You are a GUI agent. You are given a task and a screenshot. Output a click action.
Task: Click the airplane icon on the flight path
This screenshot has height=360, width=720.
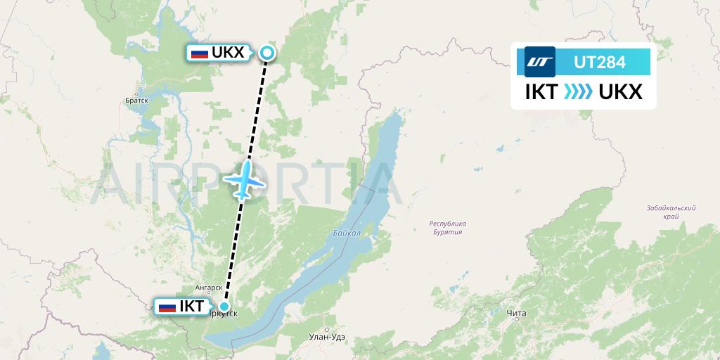click(244, 181)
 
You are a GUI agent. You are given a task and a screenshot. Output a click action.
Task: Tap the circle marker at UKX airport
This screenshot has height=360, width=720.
click(267, 52)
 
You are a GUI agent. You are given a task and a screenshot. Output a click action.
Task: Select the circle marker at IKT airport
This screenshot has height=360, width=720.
click(224, 306)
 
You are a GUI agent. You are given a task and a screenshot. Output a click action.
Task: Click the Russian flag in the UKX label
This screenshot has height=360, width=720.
click(200, 53)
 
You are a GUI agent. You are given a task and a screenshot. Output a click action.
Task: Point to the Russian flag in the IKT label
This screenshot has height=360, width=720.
click(167, 307)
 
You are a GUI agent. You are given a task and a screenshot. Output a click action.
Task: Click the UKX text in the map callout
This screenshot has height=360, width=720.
click(228, 53)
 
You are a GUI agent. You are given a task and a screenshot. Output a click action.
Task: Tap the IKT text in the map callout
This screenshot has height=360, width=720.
click(191, 307)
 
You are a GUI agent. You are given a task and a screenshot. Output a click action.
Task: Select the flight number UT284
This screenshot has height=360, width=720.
click(599, 62)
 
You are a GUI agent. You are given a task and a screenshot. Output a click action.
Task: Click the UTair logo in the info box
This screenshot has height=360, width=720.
click(540, 62)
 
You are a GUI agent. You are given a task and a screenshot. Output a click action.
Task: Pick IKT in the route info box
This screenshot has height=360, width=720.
click(541, 92)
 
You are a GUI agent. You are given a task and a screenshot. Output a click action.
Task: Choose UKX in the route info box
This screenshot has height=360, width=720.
click(621, 92)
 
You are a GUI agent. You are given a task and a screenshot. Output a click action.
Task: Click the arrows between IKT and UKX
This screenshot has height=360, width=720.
click(579, 92)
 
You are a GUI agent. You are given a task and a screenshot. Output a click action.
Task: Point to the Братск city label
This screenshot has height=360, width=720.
click(136, 101)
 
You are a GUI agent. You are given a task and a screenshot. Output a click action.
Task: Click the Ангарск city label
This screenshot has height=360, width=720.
click(209, 288)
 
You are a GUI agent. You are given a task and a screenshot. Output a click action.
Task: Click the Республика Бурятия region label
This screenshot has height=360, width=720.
click(448, 228)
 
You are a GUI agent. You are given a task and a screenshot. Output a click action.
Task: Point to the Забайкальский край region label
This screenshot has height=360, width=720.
click(671, 212)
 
